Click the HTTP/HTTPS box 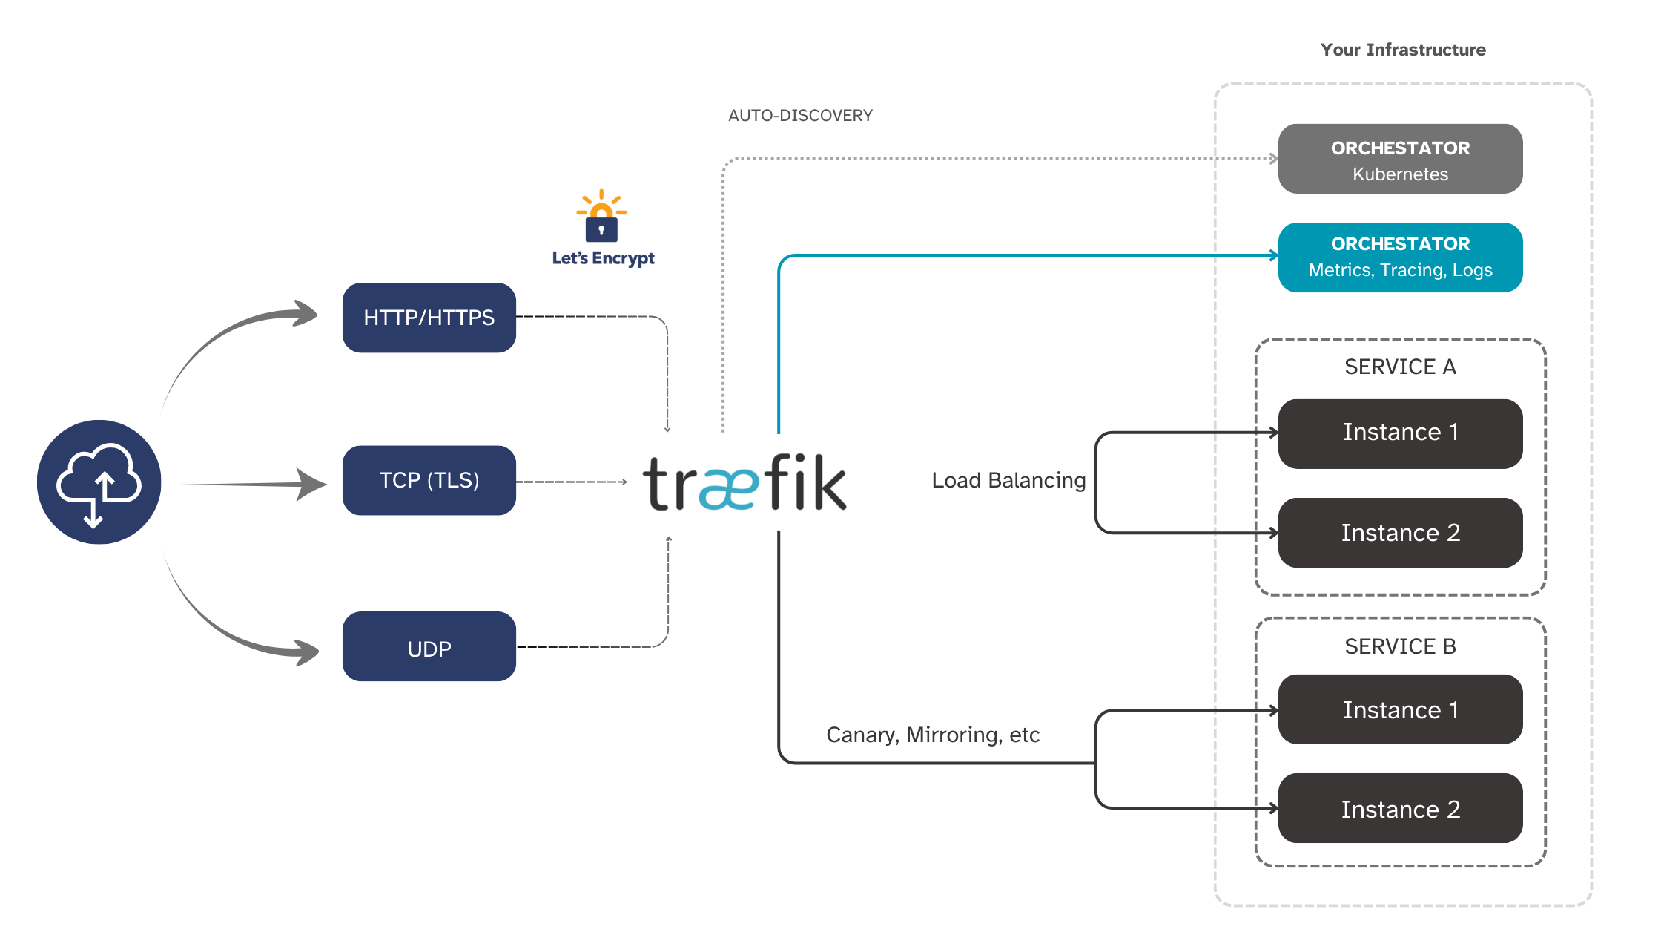[x=429, y=318]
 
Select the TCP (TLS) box [x=429, y=480]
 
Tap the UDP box [x=429, y=647]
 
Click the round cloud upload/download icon [x=99, y=482]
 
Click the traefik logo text [x=744, y=484]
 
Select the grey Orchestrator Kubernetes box [x=1400, y=160]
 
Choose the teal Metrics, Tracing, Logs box [x=1400, y=257]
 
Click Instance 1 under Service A [x=1400, y=433]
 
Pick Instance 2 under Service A [x=1400, y=533]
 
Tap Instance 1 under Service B [x=1400, y=709]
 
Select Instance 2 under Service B [x=1400, y=808]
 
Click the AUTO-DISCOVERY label [x=800, y=116]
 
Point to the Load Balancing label [x=1008, y=480]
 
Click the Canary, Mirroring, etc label [x=932, y=735]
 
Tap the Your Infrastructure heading [x=1402, y=50]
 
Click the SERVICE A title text [x=1400, y=367]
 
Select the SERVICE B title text [x=1400, y=646]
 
